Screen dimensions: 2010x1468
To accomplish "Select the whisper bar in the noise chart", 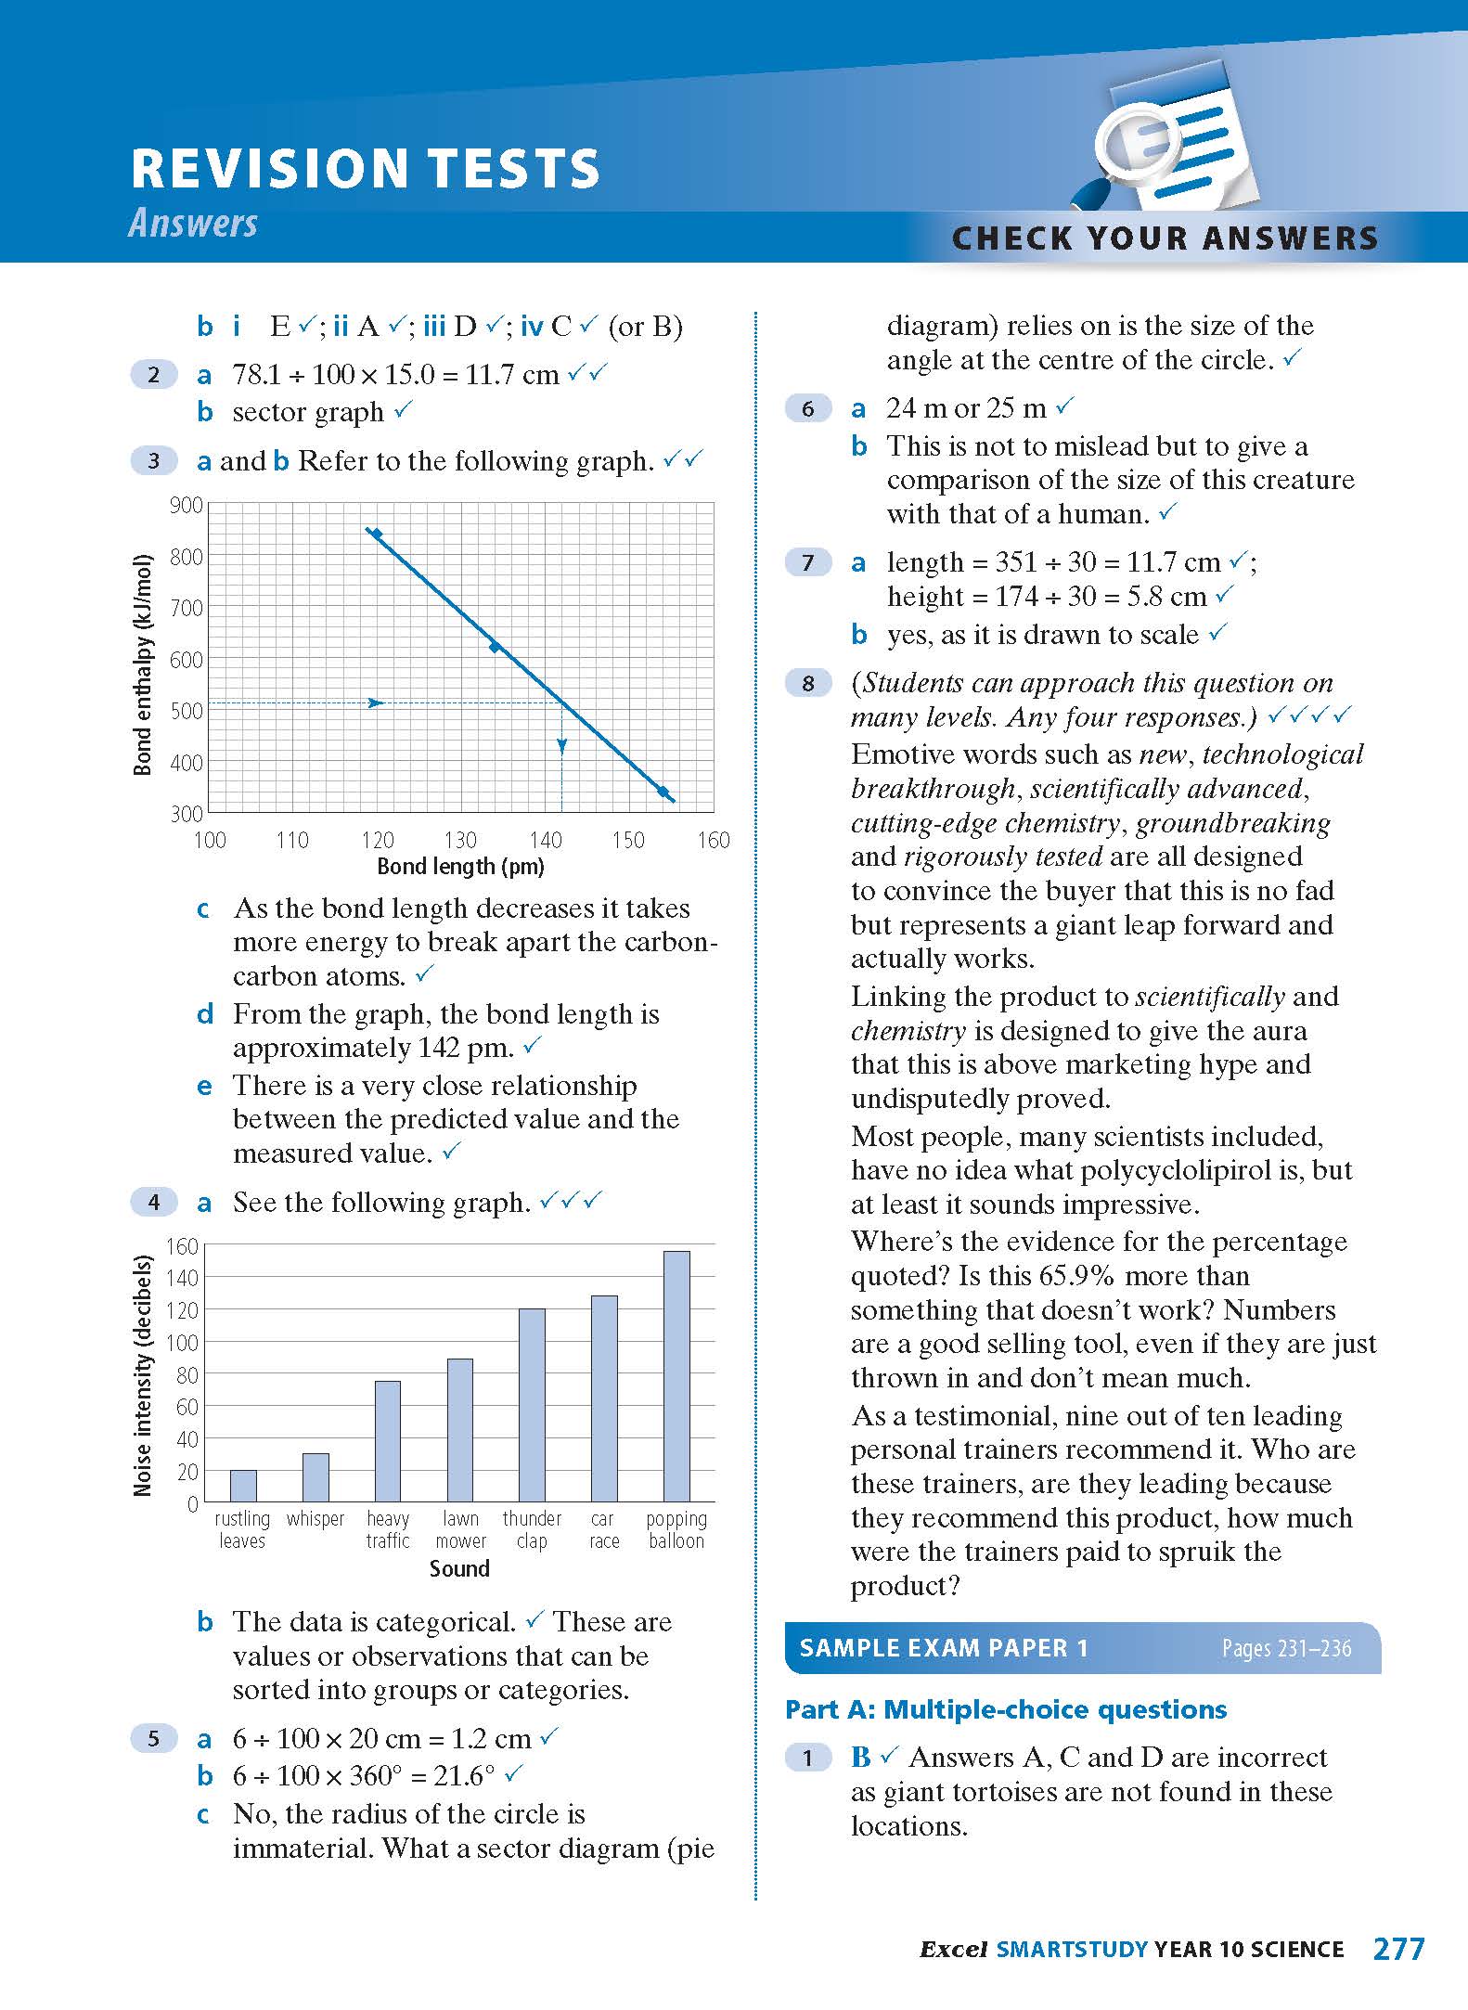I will coord(315,1477).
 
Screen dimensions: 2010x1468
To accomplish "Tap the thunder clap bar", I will coord(532,1405).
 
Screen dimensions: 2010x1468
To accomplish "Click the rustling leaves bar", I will coord(243,1486).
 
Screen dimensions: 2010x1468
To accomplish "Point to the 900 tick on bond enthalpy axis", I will coord(186,506).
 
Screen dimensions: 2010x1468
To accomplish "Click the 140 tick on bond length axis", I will coord(545,841).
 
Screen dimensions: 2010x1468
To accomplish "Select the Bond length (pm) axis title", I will coord(460,867).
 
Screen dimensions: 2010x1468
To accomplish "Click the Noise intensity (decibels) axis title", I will coord(142,1375).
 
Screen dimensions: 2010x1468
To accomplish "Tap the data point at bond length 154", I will coord(663,792).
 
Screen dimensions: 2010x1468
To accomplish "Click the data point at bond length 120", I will coord(376,533).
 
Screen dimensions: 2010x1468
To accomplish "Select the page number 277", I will coord(1397,1948).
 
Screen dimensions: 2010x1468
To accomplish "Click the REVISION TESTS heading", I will coord(366,169).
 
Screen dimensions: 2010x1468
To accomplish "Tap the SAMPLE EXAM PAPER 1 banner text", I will coord(943,1648).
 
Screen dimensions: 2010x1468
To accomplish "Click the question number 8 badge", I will coord(808,684).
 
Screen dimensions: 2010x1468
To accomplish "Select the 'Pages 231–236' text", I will coord(1286,1649).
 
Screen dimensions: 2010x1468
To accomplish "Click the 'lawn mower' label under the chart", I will coord(460,1530).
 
